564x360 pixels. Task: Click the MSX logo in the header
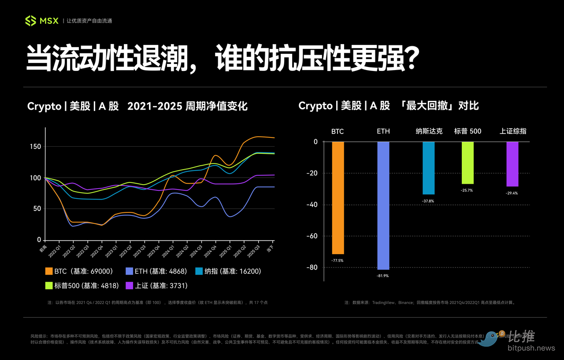coord(41,21)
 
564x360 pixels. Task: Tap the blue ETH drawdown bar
coord(383,205)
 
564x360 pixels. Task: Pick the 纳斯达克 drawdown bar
coord(428,168)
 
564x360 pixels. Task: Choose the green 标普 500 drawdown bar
coord(468,163)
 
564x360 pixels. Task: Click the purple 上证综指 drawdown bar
coord(512,164)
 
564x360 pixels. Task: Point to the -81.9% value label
coord(383,276)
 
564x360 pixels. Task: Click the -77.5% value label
coord(338,260)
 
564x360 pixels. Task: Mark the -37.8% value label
coord(428,200)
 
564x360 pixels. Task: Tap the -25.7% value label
coord(468,190)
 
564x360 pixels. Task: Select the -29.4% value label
coord(512,193)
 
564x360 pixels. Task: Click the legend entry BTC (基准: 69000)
coord(79,271)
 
